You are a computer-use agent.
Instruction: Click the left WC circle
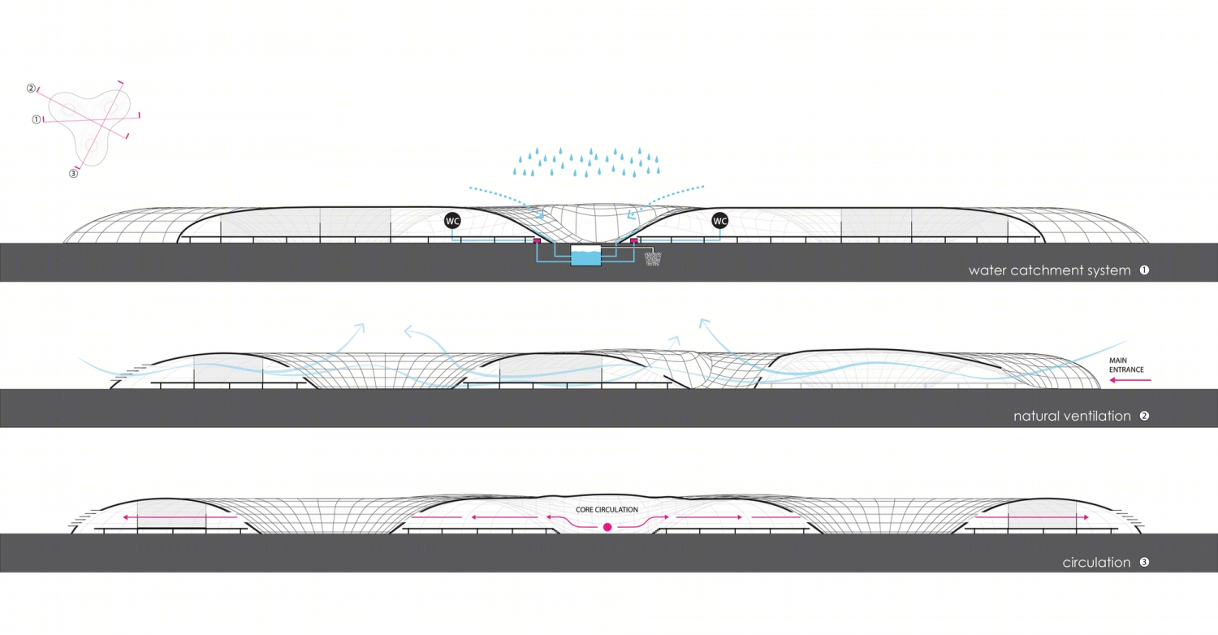pos(452,221)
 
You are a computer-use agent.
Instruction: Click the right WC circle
pos(720,221)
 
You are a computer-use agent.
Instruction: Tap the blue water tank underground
pos(585,256)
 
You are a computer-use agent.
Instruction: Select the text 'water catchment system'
pos(1049,270)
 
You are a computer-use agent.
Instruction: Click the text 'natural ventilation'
pos(1073,417)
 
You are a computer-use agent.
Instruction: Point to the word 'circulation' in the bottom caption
pos(1097,563)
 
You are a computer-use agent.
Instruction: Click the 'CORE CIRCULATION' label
pos(607,510)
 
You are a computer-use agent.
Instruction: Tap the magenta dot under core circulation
pos(607,527)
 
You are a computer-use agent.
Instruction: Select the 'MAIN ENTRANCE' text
pos(1126,365)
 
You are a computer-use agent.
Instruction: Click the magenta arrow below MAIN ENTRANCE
pos(1130,380)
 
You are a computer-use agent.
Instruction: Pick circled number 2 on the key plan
pos(31,88)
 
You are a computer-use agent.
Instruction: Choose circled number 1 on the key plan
pos(37,119)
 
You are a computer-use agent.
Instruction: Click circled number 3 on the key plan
pos(73,174)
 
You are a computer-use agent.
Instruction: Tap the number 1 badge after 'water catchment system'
pos(1145,270)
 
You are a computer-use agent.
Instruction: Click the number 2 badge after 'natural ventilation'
pos(1145,416)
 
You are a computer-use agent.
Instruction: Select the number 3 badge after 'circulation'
pos(1145,562)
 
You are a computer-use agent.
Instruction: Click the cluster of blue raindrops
pos(586,162)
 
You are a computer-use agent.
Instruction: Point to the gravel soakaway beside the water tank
pos(653,258)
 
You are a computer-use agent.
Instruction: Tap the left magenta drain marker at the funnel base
pos(537,240)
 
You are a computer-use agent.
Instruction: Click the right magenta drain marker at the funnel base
pos(633,240)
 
